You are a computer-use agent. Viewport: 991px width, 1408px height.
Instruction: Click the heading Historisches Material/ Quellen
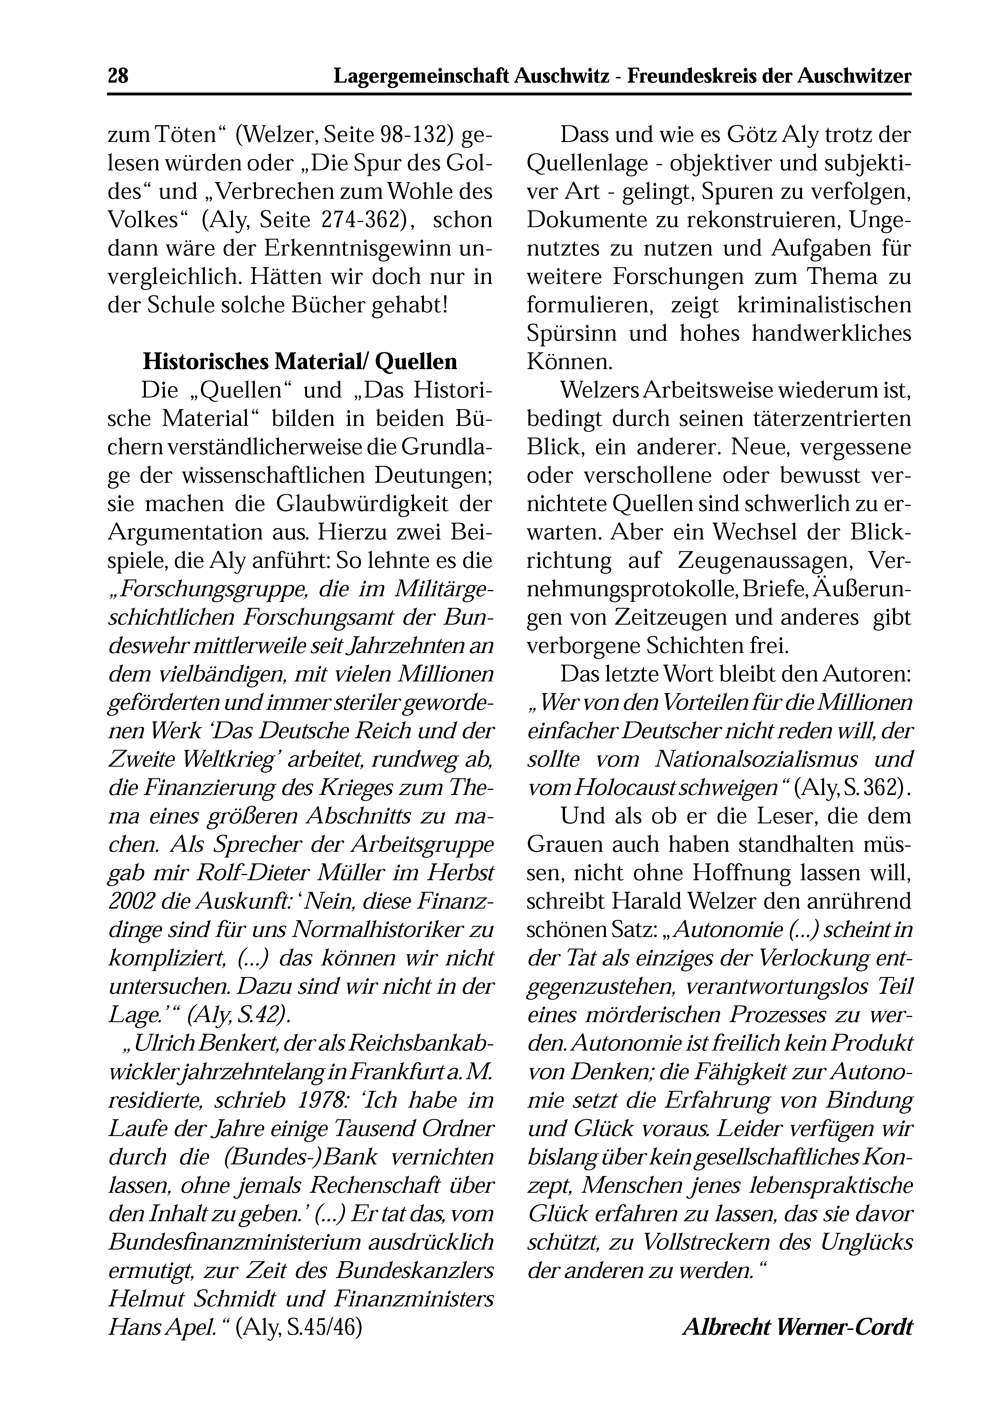point(300,362)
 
